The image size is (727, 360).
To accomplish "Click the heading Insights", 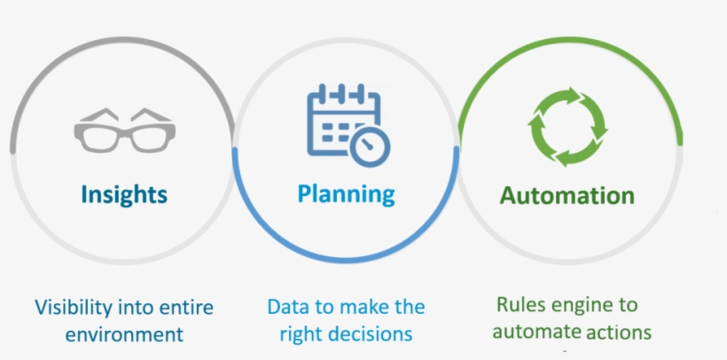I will pyautogui.click(x=124, y=194).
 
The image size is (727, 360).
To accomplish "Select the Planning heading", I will pyautogui.click(x=346, y=194).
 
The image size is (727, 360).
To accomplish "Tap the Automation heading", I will pyautogui.click(x=567, y=195).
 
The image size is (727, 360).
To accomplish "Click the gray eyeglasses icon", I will pyautogui.click(x=124, y=131).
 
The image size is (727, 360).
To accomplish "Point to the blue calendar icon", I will pyautogui.click(x=347, y=125).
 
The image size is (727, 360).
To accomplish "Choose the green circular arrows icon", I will pyautogui.click(x=567, y=126).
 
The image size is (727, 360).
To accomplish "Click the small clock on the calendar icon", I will pyautogui.click(x=370, y=145).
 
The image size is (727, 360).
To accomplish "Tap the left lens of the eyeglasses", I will pyautogui.click(x=98, y=137).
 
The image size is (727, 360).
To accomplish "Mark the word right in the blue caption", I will pyautogui.click(x=299, y=334).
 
